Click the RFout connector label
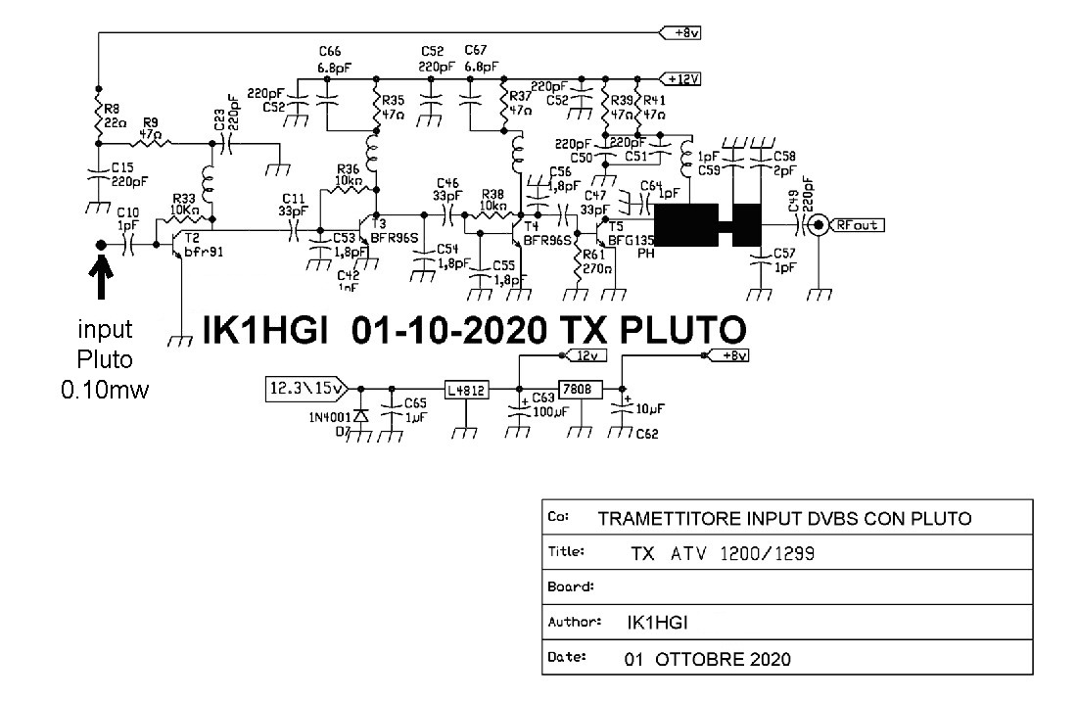pos(860,225)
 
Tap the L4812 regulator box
pos(465,389)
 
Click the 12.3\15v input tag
pos(303,389)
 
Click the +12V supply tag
pos(682,78)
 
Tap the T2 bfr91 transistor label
pos(201,245)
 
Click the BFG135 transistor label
pos(630,238)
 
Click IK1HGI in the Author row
pos(658,621)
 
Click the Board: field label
pos(571,587)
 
